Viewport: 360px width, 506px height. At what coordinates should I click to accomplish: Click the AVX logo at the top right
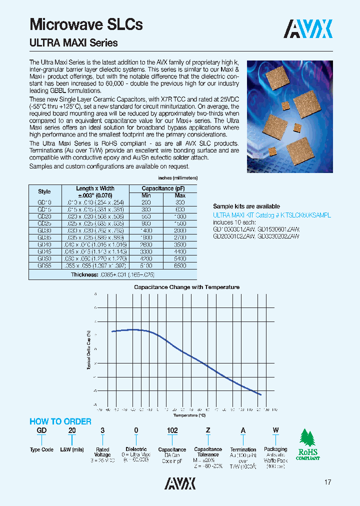(x=308, y=29)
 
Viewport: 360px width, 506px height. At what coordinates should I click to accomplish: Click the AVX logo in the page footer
(x=180, y=483)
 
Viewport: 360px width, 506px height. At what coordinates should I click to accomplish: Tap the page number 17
(x=327, y=482)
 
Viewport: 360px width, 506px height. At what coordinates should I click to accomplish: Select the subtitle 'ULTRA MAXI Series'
(x=74, y=43)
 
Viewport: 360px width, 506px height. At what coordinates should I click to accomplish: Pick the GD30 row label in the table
(x=44, y=231)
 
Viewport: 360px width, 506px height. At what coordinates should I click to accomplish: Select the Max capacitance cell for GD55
(x=180, y=266)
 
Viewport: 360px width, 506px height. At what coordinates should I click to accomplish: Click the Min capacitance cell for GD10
(x=146, y=202)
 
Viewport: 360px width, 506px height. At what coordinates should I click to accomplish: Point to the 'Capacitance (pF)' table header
(x=163, y=188)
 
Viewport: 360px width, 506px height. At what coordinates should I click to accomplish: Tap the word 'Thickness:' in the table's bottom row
(x=84, y=275)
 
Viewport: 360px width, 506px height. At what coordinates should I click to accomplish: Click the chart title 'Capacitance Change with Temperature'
(x=186, y=287)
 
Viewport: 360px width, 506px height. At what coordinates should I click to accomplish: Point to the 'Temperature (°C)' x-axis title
(x=189, y=415)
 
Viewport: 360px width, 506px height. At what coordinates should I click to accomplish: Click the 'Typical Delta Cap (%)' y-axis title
(x=88, y=350)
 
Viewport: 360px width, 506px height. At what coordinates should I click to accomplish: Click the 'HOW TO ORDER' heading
(x=60, y=421)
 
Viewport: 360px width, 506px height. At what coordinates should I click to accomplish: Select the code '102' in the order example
(x=172, y=430)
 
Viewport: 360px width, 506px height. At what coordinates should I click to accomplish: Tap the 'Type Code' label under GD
(x=41, y=449)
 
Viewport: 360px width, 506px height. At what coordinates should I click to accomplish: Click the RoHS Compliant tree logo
(x=308, y=445)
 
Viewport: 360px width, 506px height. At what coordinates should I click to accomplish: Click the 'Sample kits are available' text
(x=246, y=206)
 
